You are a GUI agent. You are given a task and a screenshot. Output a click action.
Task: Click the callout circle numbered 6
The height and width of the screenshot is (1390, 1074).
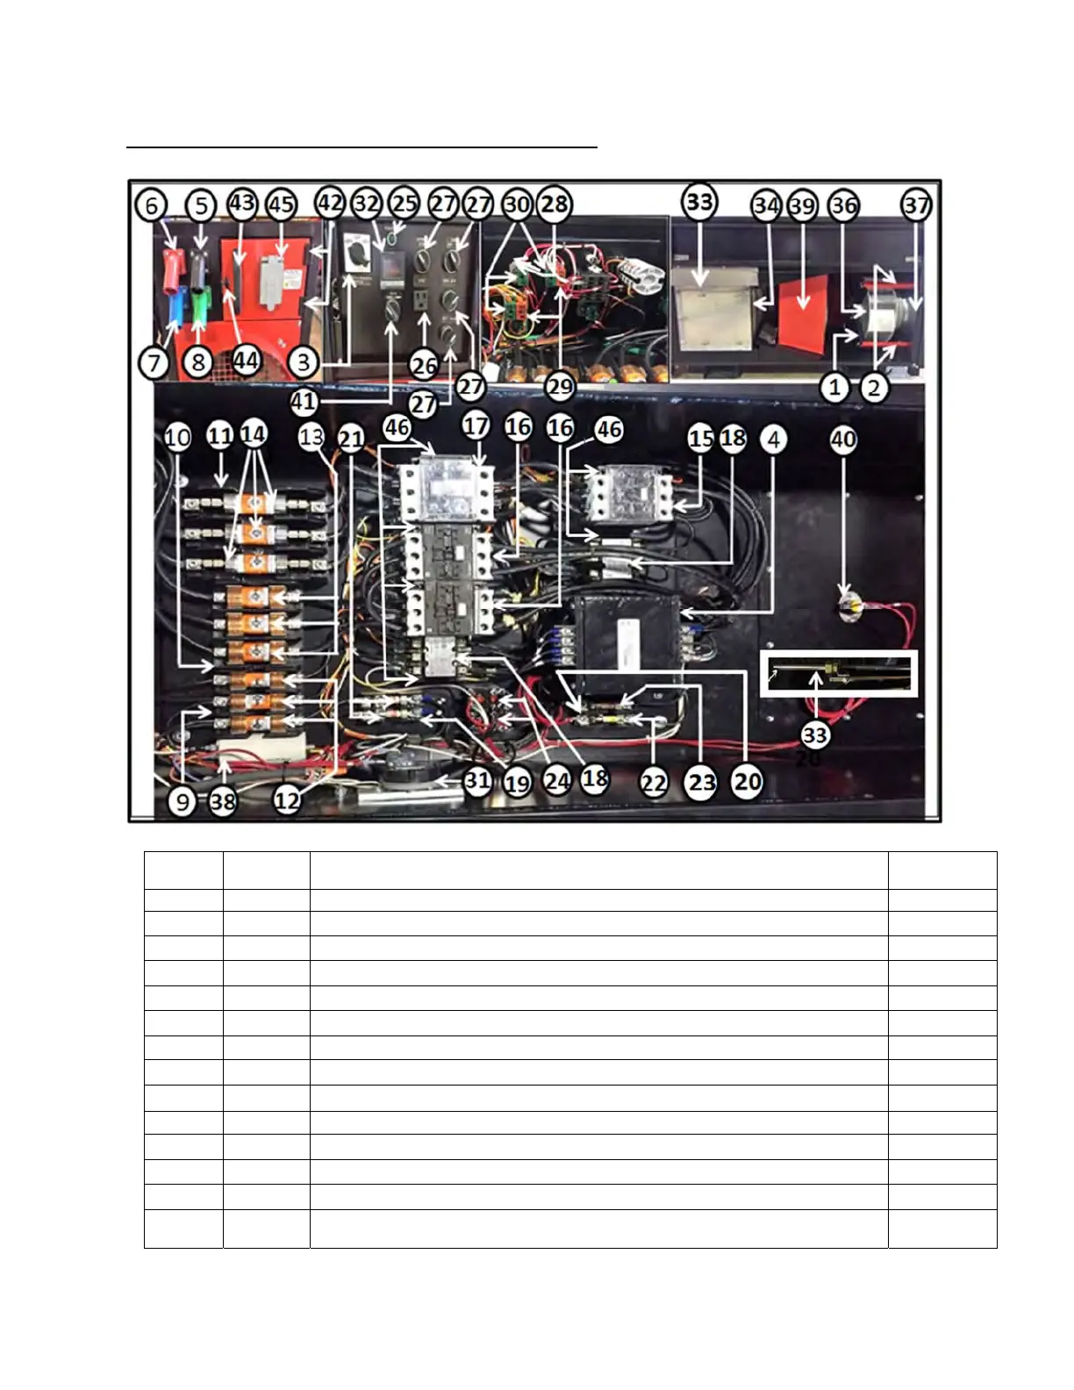tap(151, 205)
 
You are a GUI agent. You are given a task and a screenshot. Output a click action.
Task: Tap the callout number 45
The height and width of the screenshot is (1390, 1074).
tap(281, 204)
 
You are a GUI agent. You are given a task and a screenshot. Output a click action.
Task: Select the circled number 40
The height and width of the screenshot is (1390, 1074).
tap(843, 439)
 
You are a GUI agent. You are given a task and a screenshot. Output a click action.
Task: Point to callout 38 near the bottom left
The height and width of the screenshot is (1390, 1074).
tap(223, 800)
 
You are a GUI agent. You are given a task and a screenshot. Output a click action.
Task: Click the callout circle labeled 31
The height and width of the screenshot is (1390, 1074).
tap(477, 780)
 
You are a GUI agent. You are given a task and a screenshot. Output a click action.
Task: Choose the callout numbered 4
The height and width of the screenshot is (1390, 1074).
tap(772, 439)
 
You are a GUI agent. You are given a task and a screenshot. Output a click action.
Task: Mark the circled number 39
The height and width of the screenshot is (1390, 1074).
tap(802, 205)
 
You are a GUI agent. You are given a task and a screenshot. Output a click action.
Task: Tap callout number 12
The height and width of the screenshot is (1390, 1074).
tap(288, 800)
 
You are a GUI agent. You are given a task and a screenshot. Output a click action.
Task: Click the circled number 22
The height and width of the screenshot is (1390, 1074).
tap(654, 781)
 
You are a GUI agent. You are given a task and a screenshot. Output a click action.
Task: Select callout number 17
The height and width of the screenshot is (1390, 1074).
tap(476, 426)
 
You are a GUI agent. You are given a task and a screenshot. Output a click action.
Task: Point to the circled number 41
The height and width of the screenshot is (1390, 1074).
tap(304, 402)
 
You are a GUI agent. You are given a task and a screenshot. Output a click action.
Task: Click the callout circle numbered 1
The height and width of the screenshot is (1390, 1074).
tap(834, 386)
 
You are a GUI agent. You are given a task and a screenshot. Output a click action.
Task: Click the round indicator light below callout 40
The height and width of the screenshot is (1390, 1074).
tap(848, 605)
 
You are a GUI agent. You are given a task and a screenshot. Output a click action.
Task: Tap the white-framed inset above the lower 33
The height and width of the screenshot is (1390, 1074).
tap(838, 674)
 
